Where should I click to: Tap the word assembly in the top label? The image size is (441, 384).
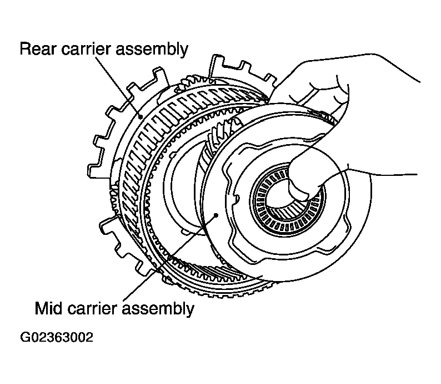click(x=152, y=50)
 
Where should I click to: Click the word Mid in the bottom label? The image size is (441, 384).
click(x=48, y=308)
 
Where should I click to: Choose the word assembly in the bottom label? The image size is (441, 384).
click(x=158, y=309)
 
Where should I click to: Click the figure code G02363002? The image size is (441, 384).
click(x=57, y=337)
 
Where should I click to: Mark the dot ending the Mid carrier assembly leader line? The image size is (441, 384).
click(x=216, y=215)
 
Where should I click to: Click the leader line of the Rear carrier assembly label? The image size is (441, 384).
click(x=118, y=86)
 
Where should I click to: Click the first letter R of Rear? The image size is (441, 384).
click(x=26, y=49)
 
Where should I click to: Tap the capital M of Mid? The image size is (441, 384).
click(x=42, y=308)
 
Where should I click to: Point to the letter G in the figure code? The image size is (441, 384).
click(x=24, y=337)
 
